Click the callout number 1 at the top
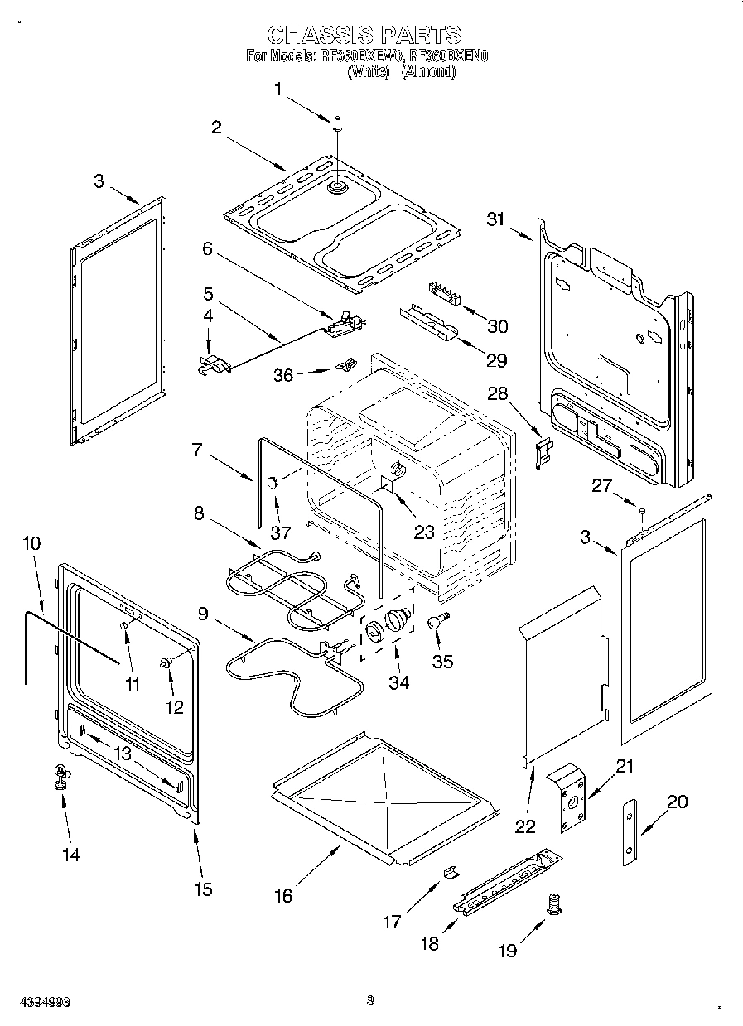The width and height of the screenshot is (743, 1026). pyautogui.click(x=278, y=89)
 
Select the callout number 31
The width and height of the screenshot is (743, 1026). pyautogui.click(x=495, y=219)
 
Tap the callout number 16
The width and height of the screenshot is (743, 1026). pyautogui.click(x=283, y=895)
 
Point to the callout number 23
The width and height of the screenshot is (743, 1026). pyautogui.click(x=424, y=532)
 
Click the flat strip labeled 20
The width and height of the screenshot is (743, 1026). pyautogui.click(x=631, y=832)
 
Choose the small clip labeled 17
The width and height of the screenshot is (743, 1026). pyautogui.click(x=451, y=870)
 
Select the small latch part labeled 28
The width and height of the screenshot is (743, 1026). pyautogui.click(x=543, y=452)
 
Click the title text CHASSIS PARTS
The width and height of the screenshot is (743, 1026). pyautogui.click(x=364, y=35)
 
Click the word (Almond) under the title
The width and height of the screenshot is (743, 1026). pyautogui.click(x=428, y=72)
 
